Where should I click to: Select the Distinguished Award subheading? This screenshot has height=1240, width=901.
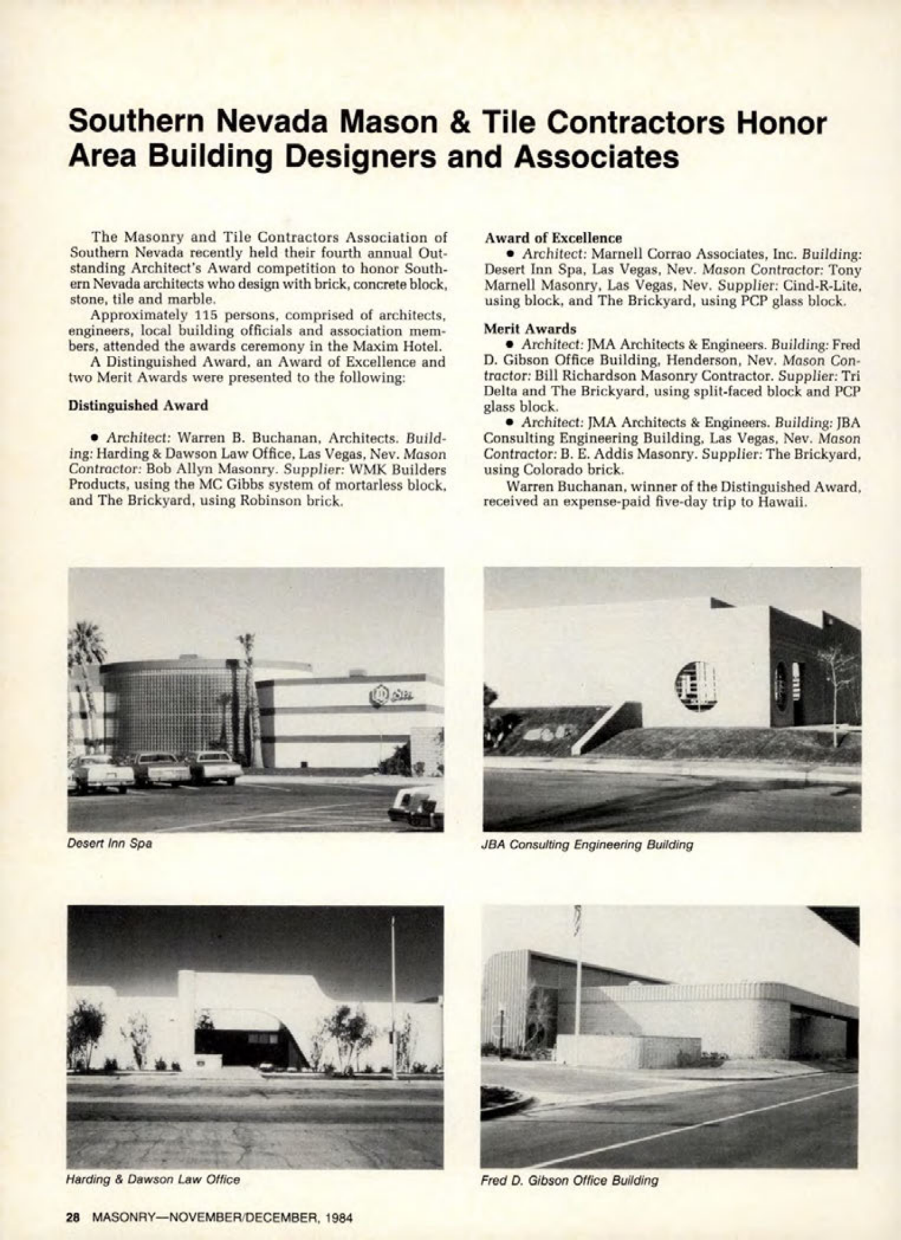pyautogui.click(x=138, y=406)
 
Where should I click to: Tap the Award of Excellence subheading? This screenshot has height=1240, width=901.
pyautogui.click(x=553, y=238)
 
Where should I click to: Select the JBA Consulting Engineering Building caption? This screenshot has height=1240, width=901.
pyautogui.click(x=587, y=844)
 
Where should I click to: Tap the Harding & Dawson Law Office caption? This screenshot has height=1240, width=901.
pyautogui.click(x=153, y=1178)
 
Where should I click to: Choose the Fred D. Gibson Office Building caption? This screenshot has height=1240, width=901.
pyautogui.click(x=569, y=1179)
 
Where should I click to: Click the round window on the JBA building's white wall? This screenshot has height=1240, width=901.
pyautogui.click(x=695, y=686)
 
